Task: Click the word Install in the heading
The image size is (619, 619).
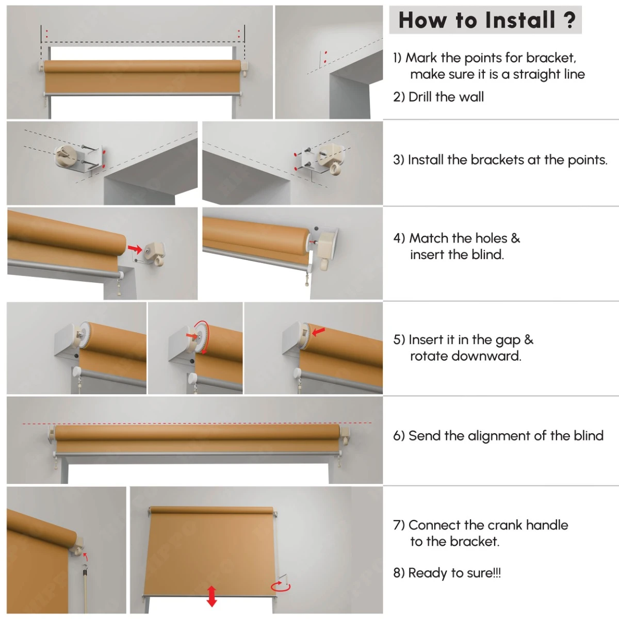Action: tap(520, 20)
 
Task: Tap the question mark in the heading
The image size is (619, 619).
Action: tap(569, 20)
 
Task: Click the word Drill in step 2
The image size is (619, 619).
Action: tap(419, 96)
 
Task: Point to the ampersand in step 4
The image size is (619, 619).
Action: tap(515, 238)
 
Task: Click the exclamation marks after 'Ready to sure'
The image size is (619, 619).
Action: tap(497, 573)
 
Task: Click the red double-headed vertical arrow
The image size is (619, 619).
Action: tap(211, 596)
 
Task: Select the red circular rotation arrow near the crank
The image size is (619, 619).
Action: tap(280, 587)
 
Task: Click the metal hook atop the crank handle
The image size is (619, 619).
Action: tap(85, 568)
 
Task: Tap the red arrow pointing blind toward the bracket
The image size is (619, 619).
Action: tap(135, 248)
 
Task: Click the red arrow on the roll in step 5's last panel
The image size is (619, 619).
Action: tap(319, 332)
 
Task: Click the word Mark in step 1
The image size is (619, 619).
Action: tap(421, 58)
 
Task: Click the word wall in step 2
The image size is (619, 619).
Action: tap(471, 96)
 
